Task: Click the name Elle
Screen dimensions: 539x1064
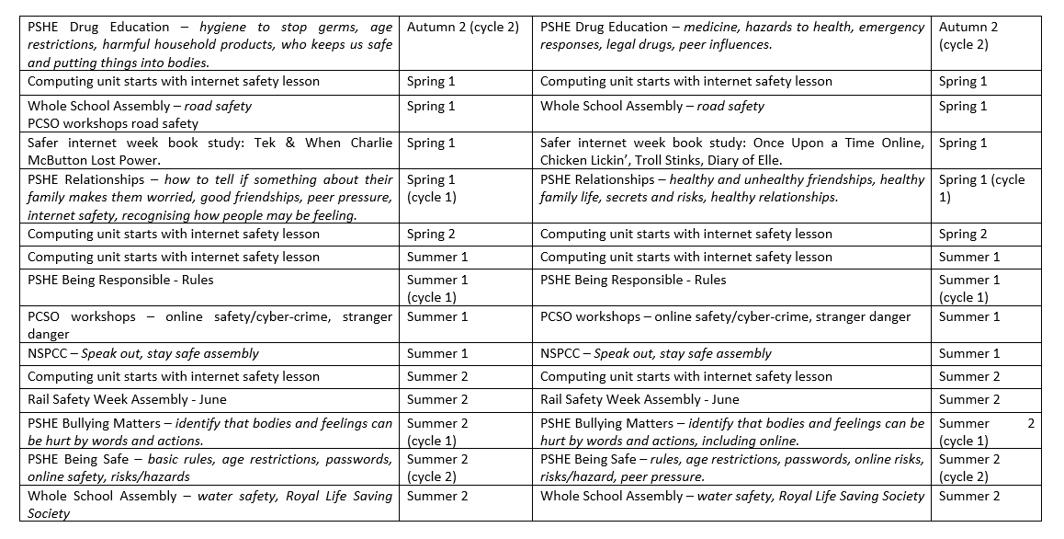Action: click(x=769, y=160)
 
